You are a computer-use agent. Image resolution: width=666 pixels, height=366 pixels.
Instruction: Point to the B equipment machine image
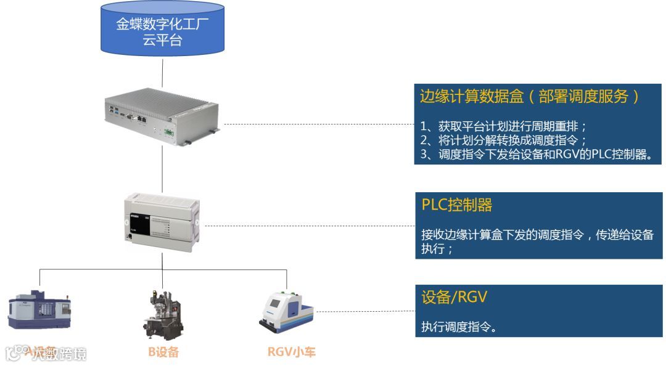[162, 314]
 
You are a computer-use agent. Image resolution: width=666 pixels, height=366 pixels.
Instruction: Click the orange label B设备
[163, 352]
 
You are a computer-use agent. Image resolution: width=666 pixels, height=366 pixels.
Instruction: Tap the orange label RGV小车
[291, 352]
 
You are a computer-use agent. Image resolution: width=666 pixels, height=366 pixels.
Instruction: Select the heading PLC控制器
[457, 205]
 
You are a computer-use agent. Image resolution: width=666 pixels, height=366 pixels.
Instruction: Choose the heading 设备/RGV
[454, 297]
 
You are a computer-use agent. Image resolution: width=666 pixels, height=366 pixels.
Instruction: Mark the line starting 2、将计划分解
[504, 140]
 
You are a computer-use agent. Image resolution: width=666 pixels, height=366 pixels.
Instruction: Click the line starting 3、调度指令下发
[536, 155]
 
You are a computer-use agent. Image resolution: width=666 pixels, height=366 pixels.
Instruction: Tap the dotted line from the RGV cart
[364, 312]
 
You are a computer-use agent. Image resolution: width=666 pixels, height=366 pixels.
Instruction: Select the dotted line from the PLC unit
[308, 225]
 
